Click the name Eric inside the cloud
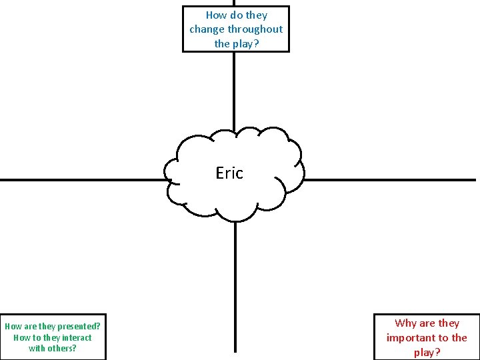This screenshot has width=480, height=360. tap(229, 173)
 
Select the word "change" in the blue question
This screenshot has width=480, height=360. tap(207, 29)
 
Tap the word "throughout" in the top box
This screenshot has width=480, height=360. tap(255, 29)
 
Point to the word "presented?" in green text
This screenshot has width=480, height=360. tap(79, 327)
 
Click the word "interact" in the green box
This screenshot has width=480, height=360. tap(77, 337)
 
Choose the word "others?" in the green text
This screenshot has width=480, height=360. tap(63, 348)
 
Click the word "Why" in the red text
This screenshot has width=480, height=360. tap(405, 323)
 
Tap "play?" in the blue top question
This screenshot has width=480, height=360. tap(246, 44)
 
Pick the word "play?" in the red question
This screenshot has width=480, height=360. tap(427, 353)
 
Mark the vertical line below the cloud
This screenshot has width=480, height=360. tap(235, 287)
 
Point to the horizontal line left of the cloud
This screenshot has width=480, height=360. tap(80, 180)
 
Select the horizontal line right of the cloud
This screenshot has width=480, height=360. tap(390, 180)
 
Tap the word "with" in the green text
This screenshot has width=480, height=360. tap(37, 348)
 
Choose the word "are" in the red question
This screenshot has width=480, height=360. tap(427, 323)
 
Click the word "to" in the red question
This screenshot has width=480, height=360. tap(443, 338)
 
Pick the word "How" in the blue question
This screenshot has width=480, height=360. tap(216, 15)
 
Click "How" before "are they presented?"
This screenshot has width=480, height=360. tap(13, 327)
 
